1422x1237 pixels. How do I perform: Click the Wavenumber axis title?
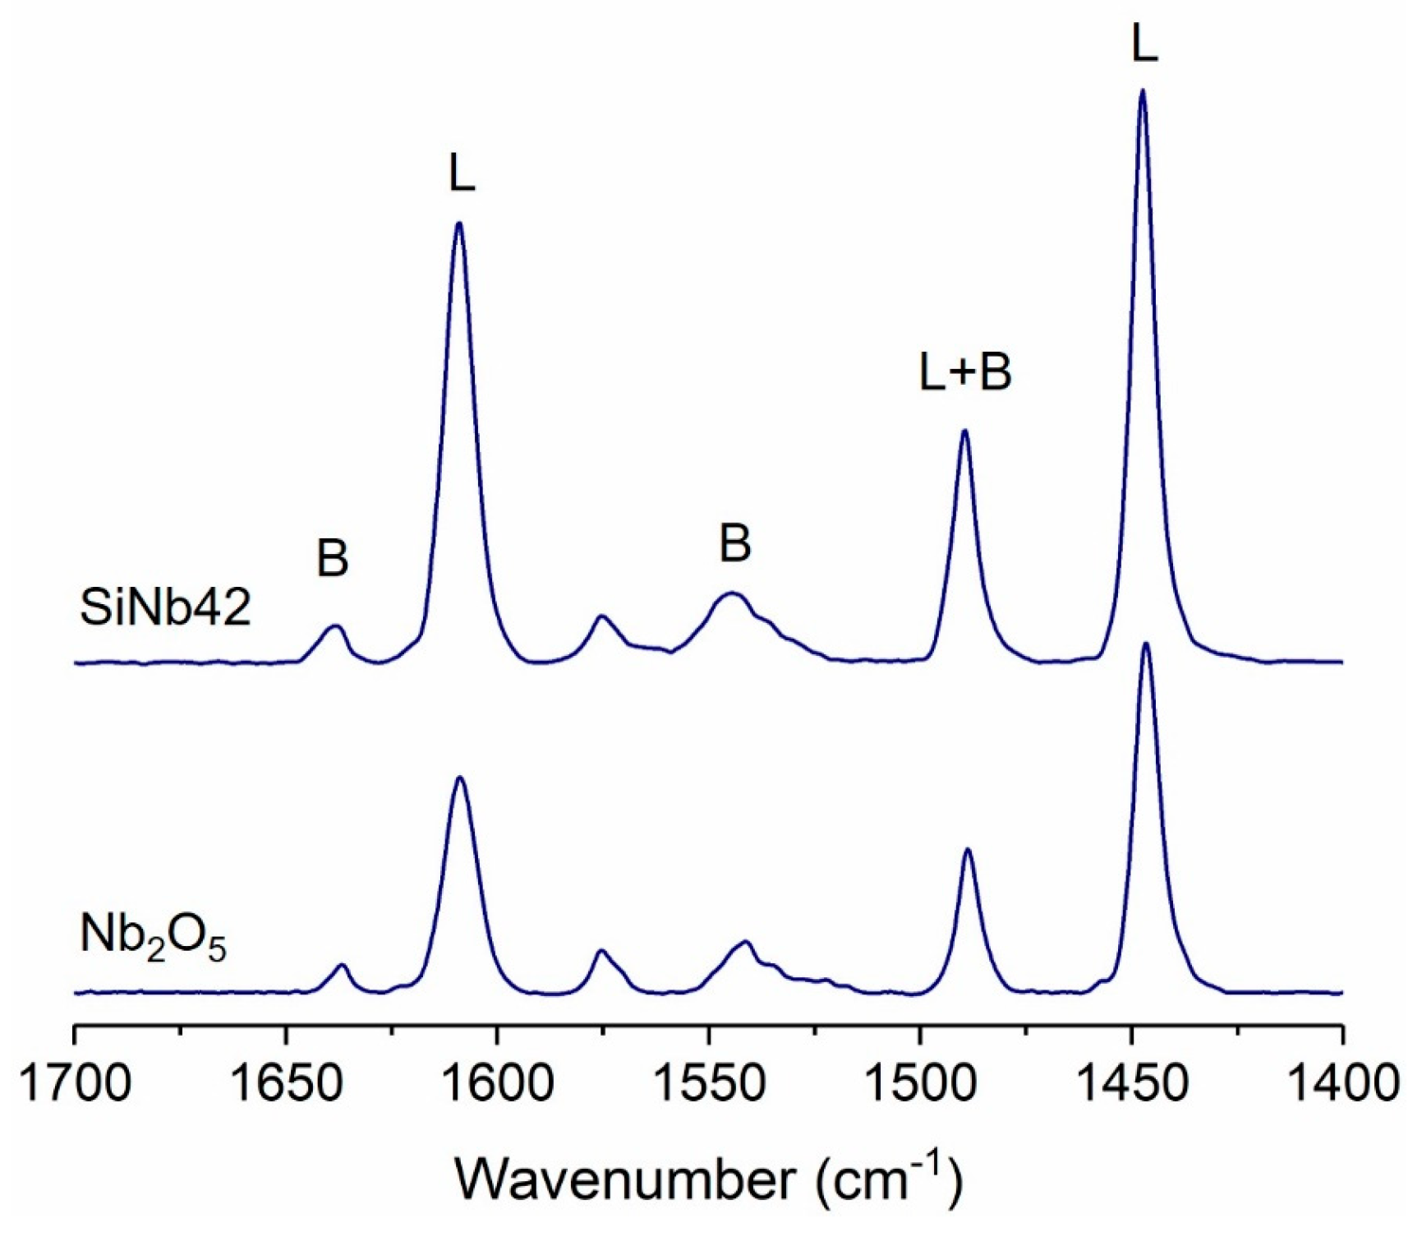(707, 1180)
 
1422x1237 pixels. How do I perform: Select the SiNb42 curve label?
(165, 609)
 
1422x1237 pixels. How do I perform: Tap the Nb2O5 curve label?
(153, 938)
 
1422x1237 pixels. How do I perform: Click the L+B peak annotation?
(965, 372)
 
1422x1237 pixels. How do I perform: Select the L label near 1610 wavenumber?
(462, 174)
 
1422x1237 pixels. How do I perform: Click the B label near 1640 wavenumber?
(333, 559)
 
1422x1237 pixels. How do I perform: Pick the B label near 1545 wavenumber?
(734, 543)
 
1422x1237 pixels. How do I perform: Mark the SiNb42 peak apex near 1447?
(1142, 90)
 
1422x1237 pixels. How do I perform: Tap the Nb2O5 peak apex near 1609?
(460, 777)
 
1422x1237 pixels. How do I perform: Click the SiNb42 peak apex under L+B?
(964, 430)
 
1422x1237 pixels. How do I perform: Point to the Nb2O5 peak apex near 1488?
(968, 849)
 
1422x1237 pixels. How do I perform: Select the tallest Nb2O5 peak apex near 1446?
(1146, 644)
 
